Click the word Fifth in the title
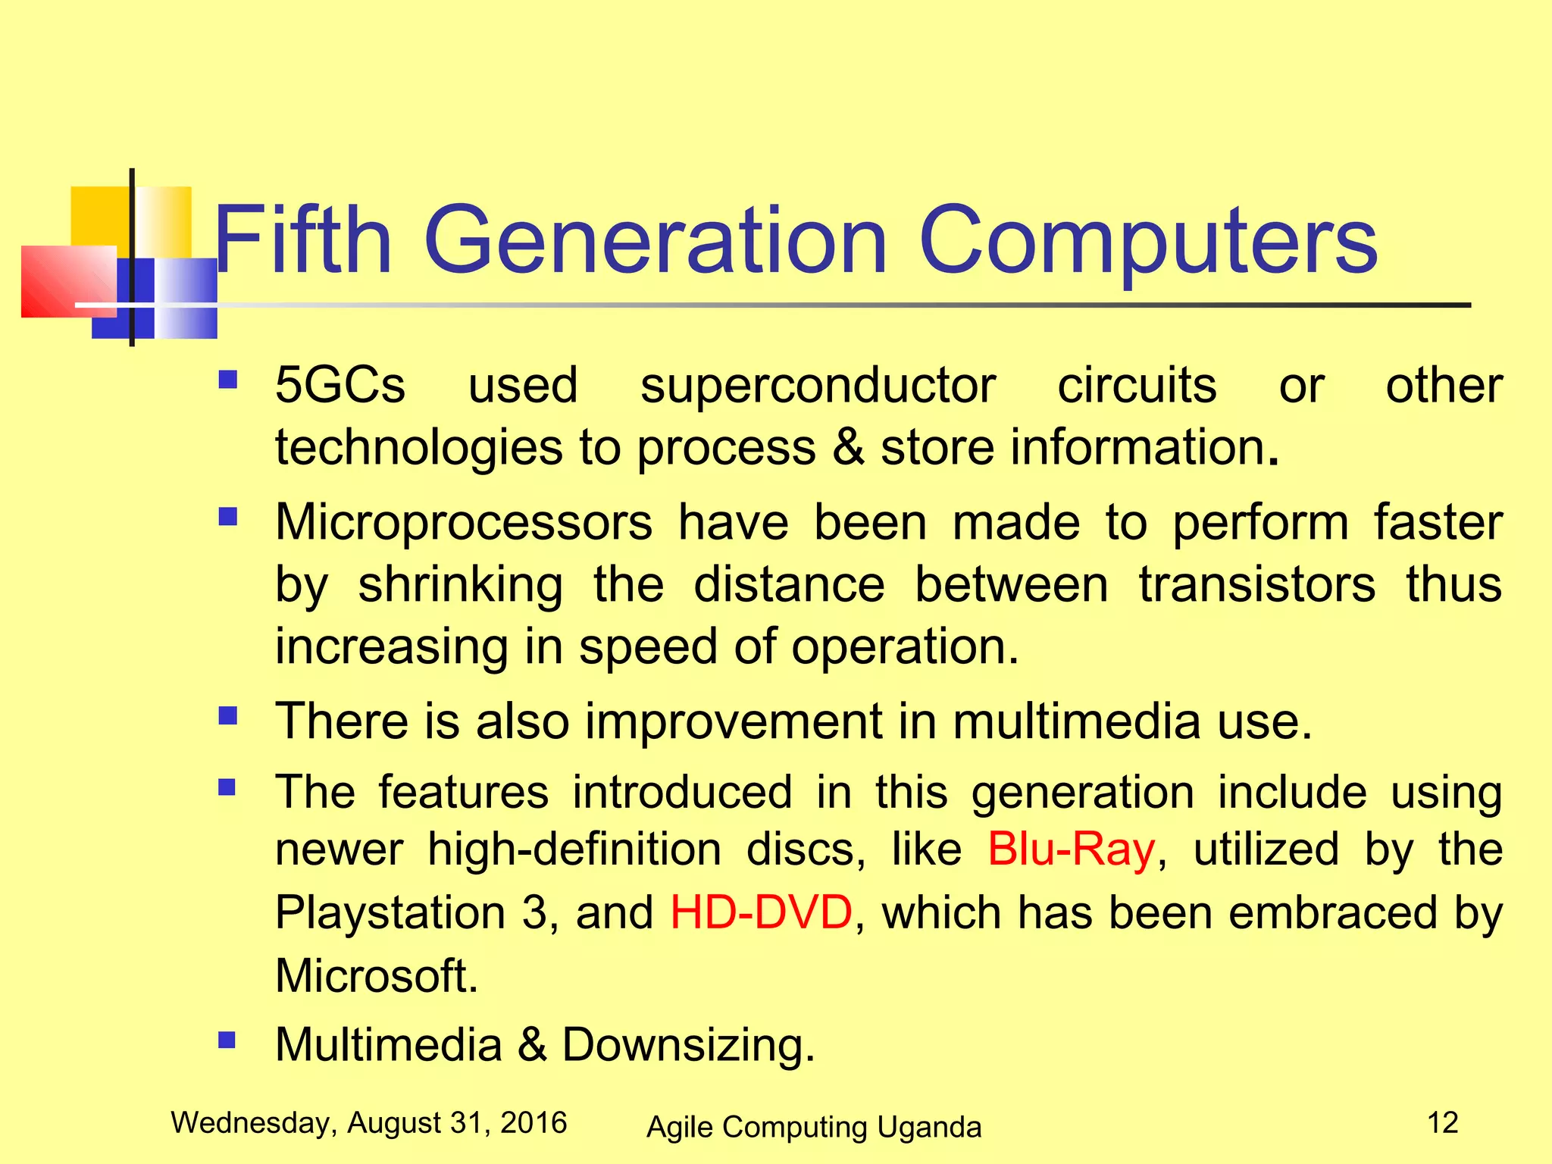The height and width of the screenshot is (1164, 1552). (303, 240)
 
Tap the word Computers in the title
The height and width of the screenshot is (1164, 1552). (1147, 240)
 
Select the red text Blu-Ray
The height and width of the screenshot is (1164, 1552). (1071, 850)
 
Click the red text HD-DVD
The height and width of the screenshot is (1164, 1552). (761, 912)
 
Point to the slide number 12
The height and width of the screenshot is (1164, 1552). (1442, 1122)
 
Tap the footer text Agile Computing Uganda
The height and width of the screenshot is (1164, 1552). (813, 1127)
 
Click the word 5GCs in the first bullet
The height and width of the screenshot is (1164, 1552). (340, 385)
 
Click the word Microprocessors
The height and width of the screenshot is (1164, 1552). (463, 523)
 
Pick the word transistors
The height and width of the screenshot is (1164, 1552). (1256, 585)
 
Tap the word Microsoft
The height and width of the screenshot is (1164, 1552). (377, 975)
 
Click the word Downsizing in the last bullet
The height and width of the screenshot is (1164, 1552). (687, 1045)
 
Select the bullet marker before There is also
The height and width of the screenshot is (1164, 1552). (227, 715)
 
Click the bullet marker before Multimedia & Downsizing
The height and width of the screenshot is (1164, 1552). (227, 1039)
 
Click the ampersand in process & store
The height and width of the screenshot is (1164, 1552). (848, 447)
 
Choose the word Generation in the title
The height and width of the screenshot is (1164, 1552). (655, 240)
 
